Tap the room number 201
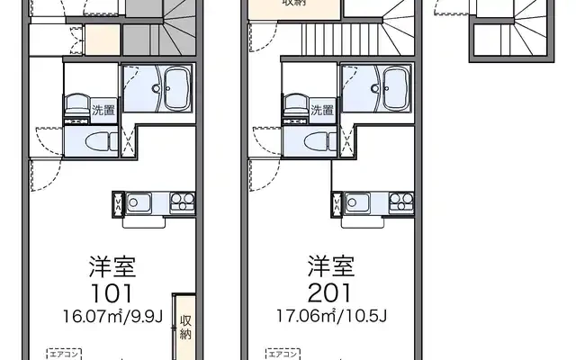click(330, 292)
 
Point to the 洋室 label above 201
click(330, 266)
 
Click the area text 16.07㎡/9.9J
click(112, 316)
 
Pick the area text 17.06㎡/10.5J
click(330, 316)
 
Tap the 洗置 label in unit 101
click(103, 111)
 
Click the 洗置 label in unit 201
click(321, 111)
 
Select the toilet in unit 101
click(101, 140)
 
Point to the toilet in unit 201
click(318, 140)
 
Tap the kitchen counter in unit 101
click(152, 201)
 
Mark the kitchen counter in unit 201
click(371, 201)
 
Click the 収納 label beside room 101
click(184, 327)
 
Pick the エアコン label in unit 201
click(280, 352)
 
